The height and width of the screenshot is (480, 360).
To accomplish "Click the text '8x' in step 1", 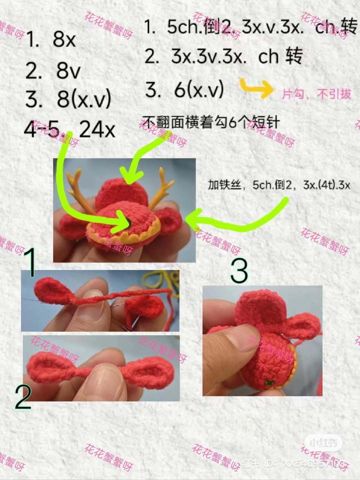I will pos(64,39).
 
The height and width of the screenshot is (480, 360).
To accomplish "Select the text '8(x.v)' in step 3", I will pos(84,98).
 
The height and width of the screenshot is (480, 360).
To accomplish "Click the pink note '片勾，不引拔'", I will pos(316,94).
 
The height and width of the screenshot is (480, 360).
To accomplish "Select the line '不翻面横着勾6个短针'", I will pos(211,122).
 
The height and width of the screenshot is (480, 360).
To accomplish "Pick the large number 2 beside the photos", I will pos(23,397).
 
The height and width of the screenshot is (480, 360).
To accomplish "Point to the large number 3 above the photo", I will pos(239,271).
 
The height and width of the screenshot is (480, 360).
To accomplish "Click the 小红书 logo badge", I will pos(323,443).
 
